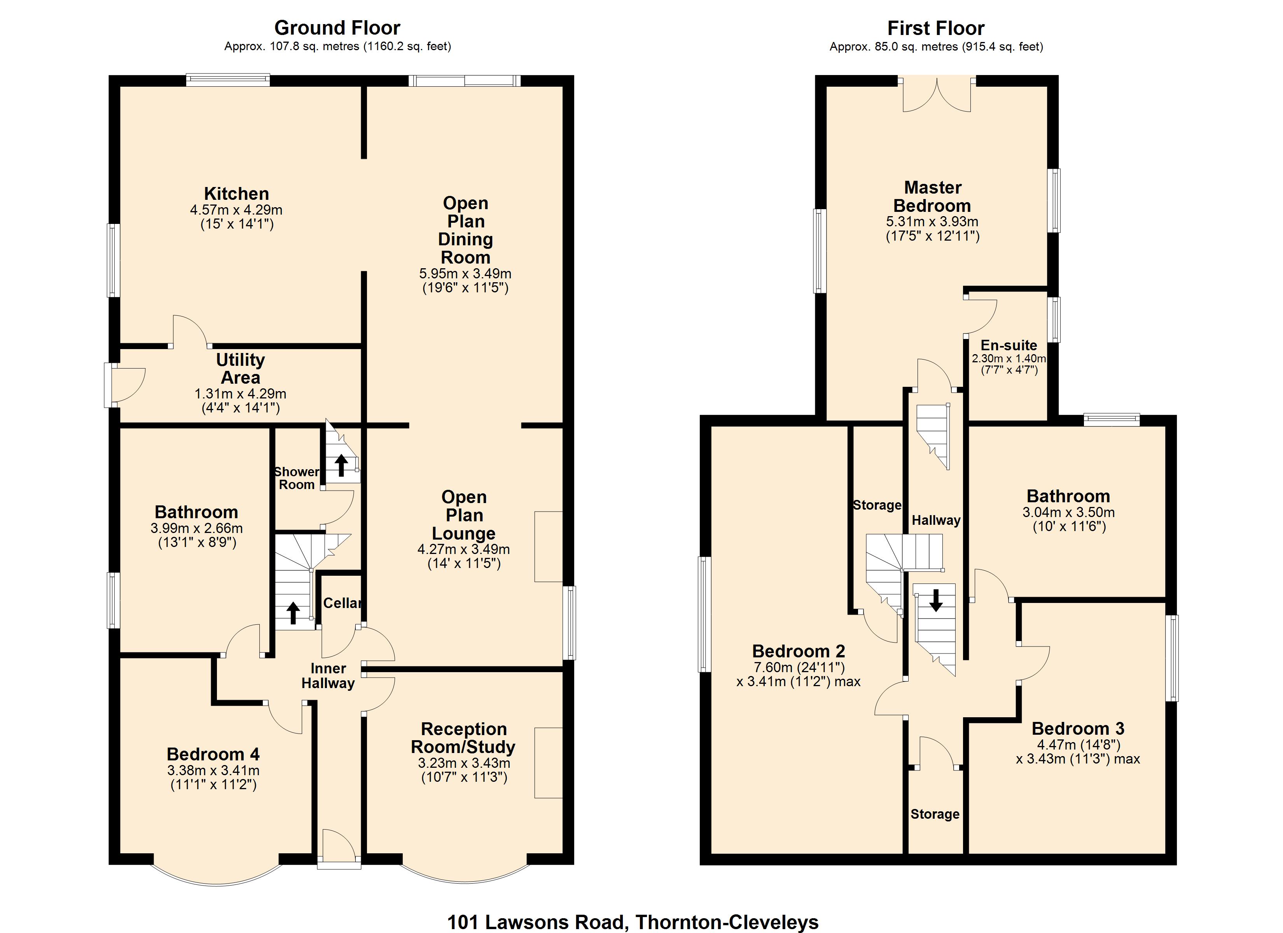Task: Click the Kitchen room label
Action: tap(236, 194)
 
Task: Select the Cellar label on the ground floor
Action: tap(342, 603)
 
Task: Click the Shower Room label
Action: tap(296, 478)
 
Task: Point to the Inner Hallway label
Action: tap(328, 676)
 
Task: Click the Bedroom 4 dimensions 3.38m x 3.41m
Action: tap(213, 770)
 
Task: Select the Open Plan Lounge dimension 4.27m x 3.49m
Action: tap(463, 549)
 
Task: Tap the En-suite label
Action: tap(1009, 345)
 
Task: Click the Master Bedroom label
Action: tap(932, 196)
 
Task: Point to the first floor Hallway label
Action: tap(936, 520)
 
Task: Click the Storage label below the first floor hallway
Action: tap(935, 814)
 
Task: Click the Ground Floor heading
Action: tap(337, 28)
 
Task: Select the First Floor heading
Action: tap(936, 28)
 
